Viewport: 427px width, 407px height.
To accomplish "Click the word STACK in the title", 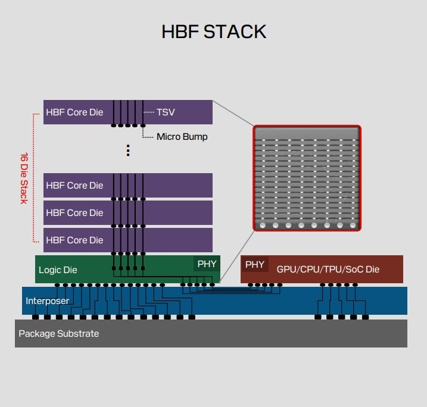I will pyautogui.click(x=235, y=32).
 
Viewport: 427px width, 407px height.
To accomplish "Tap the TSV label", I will pyautogui.click(x=166, y=112).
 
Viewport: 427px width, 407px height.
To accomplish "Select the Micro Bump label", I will pyautogui.click(x=182, y=137).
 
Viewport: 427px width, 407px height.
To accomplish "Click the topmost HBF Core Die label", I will pyautogui.click(x=74, y=112).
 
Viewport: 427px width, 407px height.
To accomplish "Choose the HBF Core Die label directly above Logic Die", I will pyautogui.click(x=74, y=240).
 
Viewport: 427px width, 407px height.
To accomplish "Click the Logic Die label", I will pyautogui.click(x=58, y=270).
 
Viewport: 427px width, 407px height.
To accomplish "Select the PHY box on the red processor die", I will pyautogui.click(x=255, y=264).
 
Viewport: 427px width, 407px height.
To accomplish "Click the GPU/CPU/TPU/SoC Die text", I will pyautogui.click(x=328, y=270).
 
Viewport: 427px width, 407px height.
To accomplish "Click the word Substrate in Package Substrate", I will pyautogui.click(x=76, y=334).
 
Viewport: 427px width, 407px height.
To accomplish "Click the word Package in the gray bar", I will pyautogui.click(x=35, y=334).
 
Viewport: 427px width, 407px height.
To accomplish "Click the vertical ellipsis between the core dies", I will pyautogui.click(x=127, y=151).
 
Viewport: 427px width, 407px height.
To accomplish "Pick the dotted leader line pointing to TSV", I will pyautogui.click(x=149, y=112).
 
